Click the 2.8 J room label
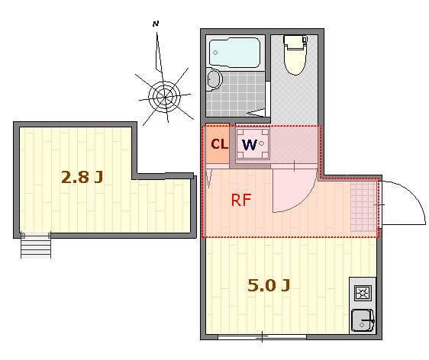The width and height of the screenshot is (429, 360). [x=82, y=178]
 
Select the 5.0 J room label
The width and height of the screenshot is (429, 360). [x=269, y=286]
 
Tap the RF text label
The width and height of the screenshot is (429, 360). [x=241, y=201]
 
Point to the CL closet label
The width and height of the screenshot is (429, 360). [x=218, y=143]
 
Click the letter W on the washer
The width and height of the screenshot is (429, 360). [x=249, y=143]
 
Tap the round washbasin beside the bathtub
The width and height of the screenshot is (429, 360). [x=213, y=79]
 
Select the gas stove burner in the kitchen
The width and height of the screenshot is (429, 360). [x=361, y=292]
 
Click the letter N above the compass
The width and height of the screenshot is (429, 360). [x=155, y=24]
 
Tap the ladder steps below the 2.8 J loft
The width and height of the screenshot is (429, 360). [x=34, y=246]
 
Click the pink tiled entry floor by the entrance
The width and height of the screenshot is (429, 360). [x=364, y=205]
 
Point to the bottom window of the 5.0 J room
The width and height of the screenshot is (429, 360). [x=262, y=336]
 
